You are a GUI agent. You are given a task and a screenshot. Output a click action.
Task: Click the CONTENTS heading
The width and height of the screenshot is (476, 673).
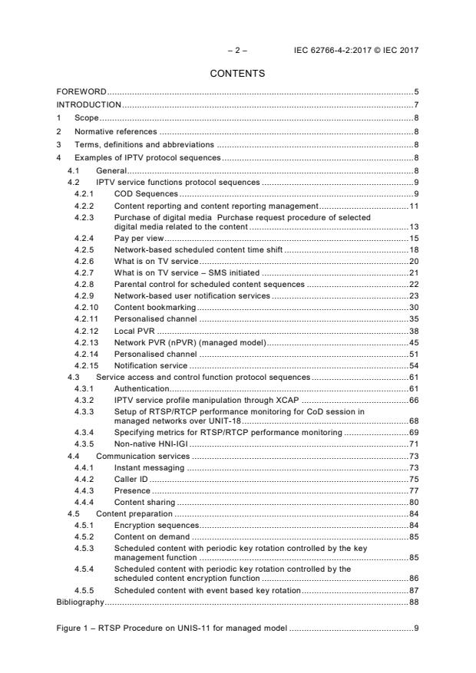[x=237, y=74]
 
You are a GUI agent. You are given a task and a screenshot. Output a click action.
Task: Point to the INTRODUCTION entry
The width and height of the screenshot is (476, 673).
[x=89, y=104]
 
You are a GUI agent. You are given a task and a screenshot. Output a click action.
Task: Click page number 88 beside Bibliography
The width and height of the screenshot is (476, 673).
[x=413, y=602]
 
